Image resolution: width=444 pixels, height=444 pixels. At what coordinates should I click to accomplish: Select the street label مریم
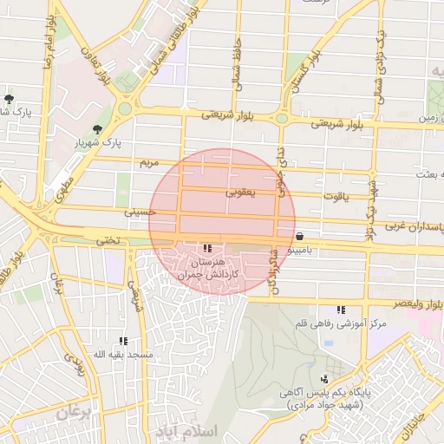coord(151,163)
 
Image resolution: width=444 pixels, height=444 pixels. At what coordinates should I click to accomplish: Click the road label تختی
coord(108,240)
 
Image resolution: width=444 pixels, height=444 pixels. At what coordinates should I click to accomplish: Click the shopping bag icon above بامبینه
coord(299,236)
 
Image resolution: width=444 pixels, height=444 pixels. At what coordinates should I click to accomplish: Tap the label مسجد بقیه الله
coord(123,355)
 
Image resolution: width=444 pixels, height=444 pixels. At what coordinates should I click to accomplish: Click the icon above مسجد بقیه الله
coord(123,342)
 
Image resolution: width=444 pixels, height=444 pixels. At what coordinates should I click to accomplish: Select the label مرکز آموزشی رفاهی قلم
coord(341,323)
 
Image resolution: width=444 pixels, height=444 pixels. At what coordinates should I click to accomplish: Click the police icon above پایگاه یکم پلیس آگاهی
coord(324,379)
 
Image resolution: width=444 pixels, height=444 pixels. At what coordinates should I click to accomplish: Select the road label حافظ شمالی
coord(237,66)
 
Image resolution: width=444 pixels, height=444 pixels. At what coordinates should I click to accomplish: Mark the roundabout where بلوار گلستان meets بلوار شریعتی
coord(282,118)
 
